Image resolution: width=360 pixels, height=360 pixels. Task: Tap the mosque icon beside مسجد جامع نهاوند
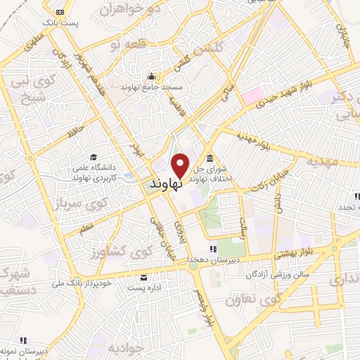(150, 77)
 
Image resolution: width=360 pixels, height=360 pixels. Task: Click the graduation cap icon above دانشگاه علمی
(94, 156)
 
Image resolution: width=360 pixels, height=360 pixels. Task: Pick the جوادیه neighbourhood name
(127, 348)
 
